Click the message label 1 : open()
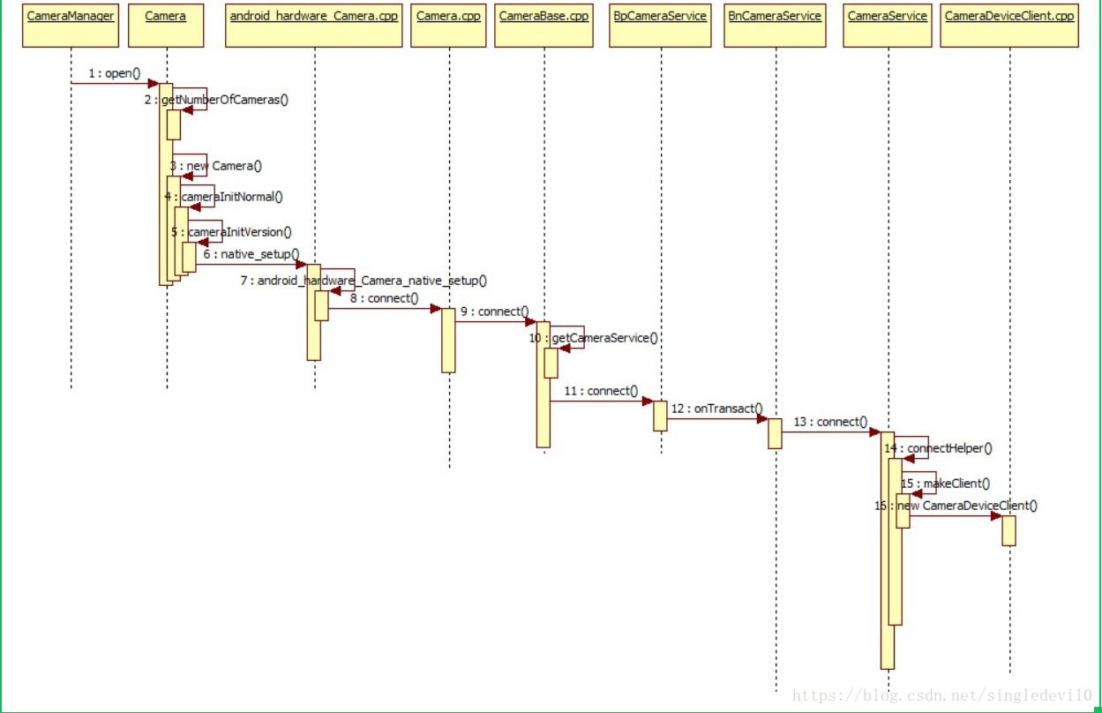115,73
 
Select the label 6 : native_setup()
251,254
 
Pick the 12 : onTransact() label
716,409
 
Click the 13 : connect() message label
830,422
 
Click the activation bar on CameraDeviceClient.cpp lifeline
1008,530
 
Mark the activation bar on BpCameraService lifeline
660,416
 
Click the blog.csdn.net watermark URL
942,696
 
